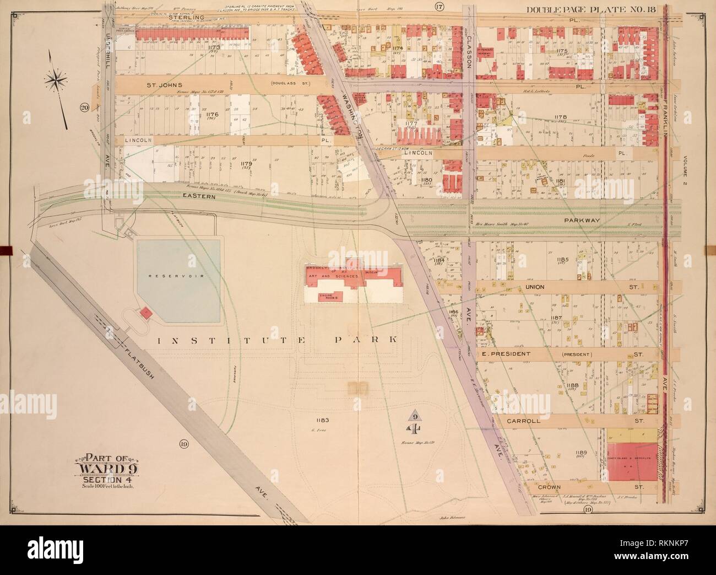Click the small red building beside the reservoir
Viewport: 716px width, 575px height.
tap(146, 313)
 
